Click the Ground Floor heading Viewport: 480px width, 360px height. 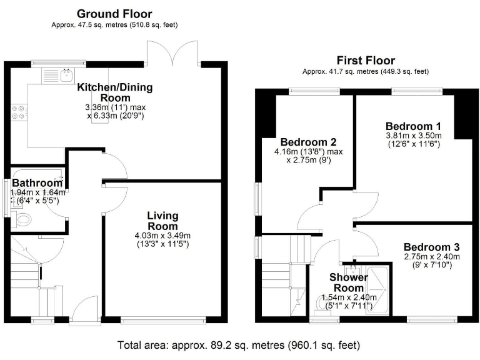[x=114, y=13]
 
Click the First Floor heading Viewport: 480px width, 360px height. [x=366, y=61]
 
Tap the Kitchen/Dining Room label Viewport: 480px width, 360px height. [x=115, y=92]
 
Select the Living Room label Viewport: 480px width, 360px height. [x=162, y=220]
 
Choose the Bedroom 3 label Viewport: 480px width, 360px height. [x=431, y=246]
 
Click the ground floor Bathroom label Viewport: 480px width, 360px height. [x=37, y=182]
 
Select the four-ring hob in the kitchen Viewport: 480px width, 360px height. [x=19, y=111]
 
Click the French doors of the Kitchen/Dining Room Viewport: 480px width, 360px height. [x=173, y=53]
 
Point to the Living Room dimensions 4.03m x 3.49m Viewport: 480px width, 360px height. [x=162, y=235]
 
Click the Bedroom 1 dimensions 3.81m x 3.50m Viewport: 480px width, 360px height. [x=413, y=136]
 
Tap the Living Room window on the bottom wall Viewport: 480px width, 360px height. [x=162, y=321]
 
